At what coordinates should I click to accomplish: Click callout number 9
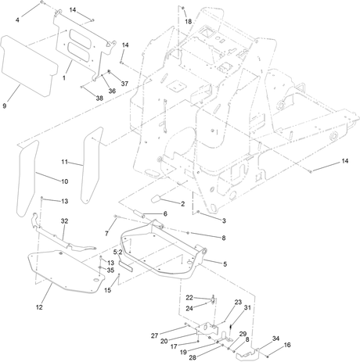point(4,106)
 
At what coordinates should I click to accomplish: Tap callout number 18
point(189,21)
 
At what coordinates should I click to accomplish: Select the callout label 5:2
point(117,253)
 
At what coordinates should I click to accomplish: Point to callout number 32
point(64,221)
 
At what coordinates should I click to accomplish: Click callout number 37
point(124,84)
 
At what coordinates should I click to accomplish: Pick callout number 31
point(247,307)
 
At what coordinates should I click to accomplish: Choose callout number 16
point(287,345)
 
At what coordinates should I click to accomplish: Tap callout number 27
point(155,335)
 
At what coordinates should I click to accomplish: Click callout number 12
point(39,307)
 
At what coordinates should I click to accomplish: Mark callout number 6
point(165,213)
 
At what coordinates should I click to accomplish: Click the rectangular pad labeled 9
point(29,66)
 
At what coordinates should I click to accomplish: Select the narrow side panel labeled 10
point(27,178)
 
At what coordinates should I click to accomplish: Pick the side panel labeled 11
point(92,165)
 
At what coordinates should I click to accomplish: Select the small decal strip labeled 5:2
point(126,266)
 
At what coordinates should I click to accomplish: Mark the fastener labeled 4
point(41,2)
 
